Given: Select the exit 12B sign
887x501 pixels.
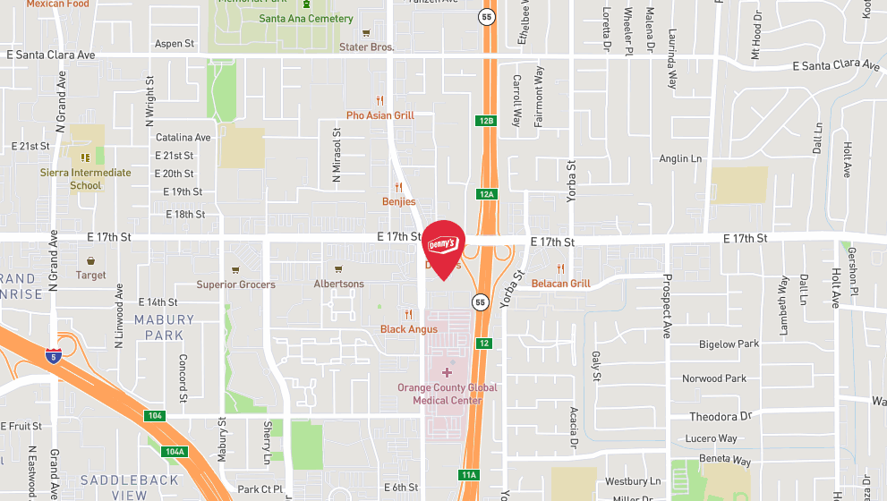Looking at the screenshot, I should pos(486,120).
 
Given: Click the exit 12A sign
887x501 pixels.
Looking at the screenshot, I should pos(486,193).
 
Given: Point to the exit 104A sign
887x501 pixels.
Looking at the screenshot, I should pos(175,452).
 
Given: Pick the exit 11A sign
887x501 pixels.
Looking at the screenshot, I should pos(469,474).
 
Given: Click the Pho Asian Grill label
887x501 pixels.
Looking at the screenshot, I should pos(380,115).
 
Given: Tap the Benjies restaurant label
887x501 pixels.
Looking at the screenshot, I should pos(399,201).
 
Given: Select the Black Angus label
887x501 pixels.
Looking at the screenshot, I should pos(409,329).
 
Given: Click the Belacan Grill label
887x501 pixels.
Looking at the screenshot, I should pos(561,284).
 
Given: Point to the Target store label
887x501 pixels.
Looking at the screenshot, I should pos(91,276).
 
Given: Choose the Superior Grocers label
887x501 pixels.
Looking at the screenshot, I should pos(236,284).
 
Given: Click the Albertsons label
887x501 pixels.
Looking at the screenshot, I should pos(338,284).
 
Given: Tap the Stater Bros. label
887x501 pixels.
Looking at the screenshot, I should pos(366,47).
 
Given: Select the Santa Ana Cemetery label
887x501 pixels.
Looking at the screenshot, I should pos(306,18).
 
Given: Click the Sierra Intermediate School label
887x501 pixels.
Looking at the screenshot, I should pos(86,179).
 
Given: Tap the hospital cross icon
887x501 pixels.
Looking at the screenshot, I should pos(448,371).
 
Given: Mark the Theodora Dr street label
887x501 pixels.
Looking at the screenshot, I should pos(720,417).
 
